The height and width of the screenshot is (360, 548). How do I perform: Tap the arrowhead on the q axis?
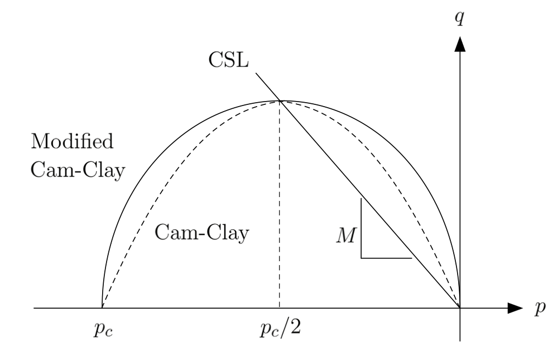coord(460,44)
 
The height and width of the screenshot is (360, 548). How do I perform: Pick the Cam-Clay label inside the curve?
coord(201,232)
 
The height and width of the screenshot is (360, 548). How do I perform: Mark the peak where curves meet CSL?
coord(280,101)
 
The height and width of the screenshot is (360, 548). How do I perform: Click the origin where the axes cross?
coord(460,308)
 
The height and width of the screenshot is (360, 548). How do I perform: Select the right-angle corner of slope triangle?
coord(361,258)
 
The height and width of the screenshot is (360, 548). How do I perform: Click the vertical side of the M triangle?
coord(361,229)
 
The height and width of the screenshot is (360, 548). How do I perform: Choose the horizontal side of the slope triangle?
coord(386,258)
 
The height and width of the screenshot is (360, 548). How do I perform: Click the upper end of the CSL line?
coord(256,73)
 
